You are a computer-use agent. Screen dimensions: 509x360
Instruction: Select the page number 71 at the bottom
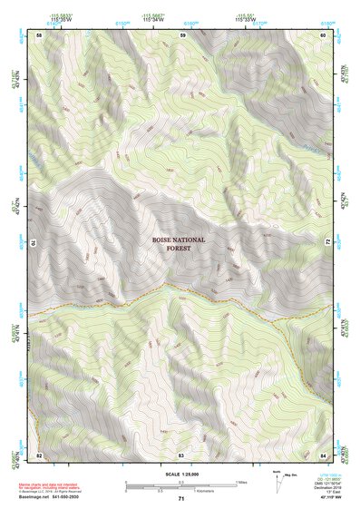[180, 499]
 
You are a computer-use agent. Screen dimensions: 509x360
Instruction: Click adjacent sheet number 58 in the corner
[39, 34]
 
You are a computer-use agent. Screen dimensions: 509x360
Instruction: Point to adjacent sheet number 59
[181, 34]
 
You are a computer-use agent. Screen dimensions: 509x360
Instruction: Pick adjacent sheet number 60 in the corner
[323, 34]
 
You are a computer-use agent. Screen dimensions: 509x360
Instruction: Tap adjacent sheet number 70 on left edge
[36, 243]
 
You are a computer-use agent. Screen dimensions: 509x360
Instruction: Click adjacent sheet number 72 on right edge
[326, 243]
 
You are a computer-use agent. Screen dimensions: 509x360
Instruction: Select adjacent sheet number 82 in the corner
[39, 454]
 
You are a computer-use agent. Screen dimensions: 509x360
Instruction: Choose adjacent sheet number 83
[181, 454]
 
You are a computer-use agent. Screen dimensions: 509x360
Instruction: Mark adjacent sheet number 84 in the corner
[323, 454]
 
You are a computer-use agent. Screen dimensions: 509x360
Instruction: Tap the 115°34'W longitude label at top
[155, 19]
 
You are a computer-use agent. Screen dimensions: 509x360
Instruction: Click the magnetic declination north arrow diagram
[280, 484]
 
